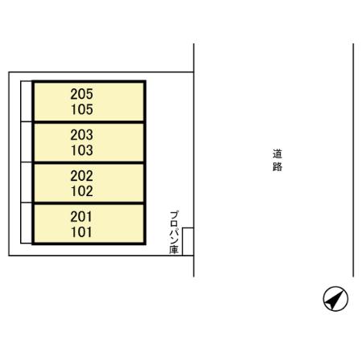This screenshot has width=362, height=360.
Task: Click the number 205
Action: (x=82, y=94)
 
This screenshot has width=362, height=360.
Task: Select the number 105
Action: (x=82, y=109)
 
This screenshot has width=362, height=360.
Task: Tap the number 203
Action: (x=82, y=135)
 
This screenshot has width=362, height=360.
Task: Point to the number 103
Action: (x=82, y=150)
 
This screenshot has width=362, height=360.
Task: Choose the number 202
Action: (x=82, y=176)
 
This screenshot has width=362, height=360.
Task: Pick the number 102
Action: (x=82, y=191)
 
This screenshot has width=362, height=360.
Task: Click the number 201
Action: (x=81, y=217)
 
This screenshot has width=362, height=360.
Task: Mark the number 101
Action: (x=81, y=232)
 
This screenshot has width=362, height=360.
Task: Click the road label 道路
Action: (x=278, y=160)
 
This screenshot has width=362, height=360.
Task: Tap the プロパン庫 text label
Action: (x=174, y=232)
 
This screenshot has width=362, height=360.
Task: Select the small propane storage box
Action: (x=187, y=242)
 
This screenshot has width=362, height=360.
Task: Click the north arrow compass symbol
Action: (x=335, y=298)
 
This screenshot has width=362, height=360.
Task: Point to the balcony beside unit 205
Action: (x=27, y=101)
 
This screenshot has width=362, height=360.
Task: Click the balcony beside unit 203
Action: (x=27, y=142)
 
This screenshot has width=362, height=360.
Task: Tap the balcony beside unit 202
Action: (x=27, y=182)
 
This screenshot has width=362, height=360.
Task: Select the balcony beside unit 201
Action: (x=27, y=223)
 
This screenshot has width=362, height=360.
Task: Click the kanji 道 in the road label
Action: (x=278, y=154)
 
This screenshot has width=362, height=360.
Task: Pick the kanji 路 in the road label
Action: (x=278, y=166)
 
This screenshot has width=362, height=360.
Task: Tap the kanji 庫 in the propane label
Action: (x=174, y=250)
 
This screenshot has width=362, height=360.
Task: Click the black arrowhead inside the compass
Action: (x=335, y=300)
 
